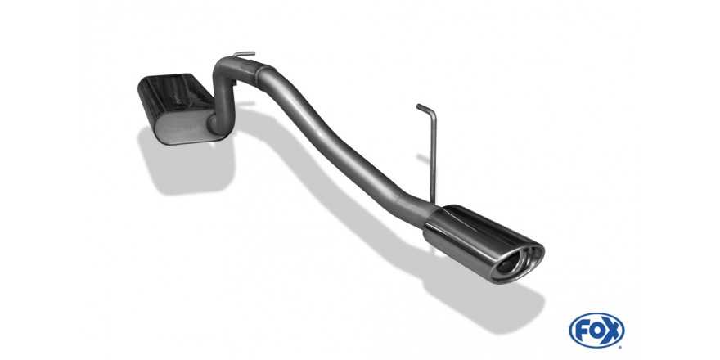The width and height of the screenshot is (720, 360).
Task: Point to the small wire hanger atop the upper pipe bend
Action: pyautogui.click(x=239, y=55)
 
